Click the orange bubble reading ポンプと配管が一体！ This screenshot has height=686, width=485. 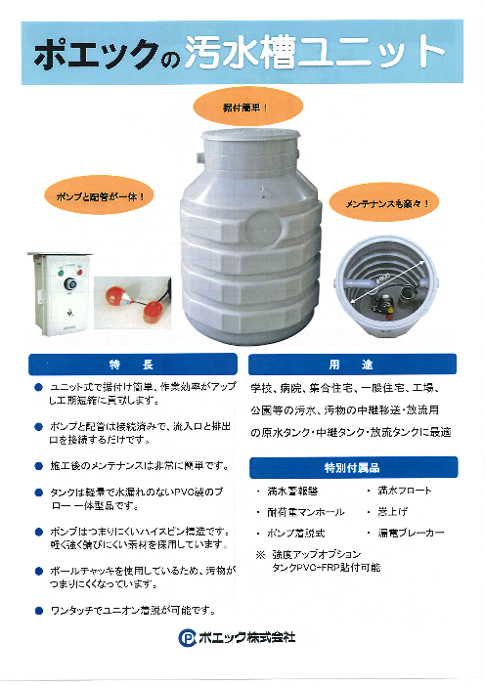pyautogui.click(x=96, y=195)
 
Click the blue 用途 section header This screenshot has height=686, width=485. pyautogui.click(x=353, y=365)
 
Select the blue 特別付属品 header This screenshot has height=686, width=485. pyautogui.click(x=353, y=466)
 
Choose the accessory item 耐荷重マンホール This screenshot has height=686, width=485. pyautogui.click(x=304, y=512)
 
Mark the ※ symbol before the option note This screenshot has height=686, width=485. pyautogui.click(x=261, y=553)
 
